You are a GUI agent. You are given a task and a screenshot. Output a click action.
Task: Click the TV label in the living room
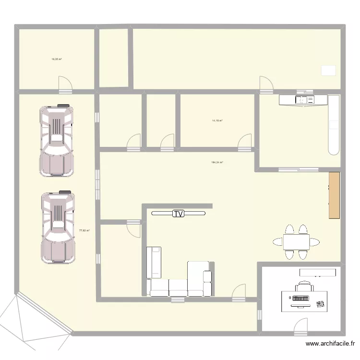click(179, 214)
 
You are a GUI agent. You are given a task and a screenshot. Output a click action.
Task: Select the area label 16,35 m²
click(57, 60)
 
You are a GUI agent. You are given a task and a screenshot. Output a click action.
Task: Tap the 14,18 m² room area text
click(217, 120)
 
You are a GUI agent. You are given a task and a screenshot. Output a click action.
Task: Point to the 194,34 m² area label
click(217, 162)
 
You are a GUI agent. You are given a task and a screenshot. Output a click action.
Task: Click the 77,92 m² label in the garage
click(84, 230)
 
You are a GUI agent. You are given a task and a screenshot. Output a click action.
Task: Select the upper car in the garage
click(57, 141)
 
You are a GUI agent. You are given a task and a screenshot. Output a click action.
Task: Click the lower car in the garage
click(58, 228)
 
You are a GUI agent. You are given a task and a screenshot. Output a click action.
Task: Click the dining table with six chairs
click(296, 241)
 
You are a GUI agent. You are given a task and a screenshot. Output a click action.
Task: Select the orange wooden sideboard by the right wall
click(334, 195)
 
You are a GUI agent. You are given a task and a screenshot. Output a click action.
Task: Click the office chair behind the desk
click(304, 288)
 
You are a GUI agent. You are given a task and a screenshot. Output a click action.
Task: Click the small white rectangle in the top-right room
click(328, 70)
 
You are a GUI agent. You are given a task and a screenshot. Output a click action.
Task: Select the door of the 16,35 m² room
click(65, 84)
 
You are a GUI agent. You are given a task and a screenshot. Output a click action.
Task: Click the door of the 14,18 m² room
click(245, 141)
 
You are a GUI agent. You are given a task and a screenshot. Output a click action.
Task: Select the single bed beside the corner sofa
click(154, 262)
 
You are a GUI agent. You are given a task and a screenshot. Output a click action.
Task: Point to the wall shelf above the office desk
click(317, 272)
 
